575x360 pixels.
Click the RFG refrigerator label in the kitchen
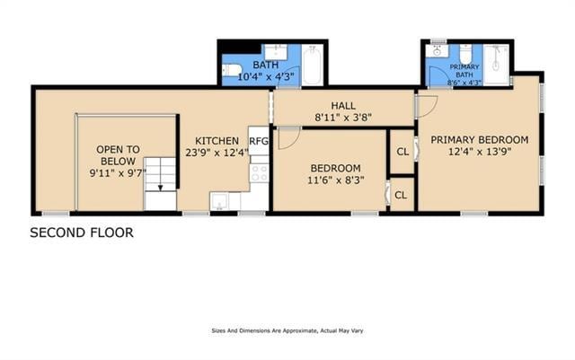click(x=259, y=141)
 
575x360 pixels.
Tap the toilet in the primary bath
click(x=464, y=53)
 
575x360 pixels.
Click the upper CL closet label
click(x=402, y=152)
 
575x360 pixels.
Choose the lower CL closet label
click(x=402, y=195)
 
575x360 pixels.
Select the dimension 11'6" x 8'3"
click(x=335, y=180)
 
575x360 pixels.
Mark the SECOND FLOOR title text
click(x=82, y=233)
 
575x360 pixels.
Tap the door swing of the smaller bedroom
click(x=287, y=138)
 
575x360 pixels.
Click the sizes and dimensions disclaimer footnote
click(x=287, y=330)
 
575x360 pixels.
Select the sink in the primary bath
click(x=438, y=51)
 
